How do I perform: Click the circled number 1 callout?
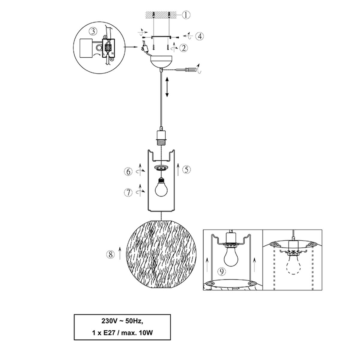coord(186,15)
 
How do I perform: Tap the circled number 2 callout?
coord(184,48)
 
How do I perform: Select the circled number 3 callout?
coord(93,31)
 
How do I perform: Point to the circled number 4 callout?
coord(199,36)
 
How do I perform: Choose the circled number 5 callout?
coord(186,169)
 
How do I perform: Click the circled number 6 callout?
coord(128,172)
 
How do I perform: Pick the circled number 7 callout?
coord(128,192)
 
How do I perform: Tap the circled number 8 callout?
coord(111,254)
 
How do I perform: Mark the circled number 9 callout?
coord(222,271)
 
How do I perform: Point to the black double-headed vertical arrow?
coord(167,87)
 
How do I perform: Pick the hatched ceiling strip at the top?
coord(161,15)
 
